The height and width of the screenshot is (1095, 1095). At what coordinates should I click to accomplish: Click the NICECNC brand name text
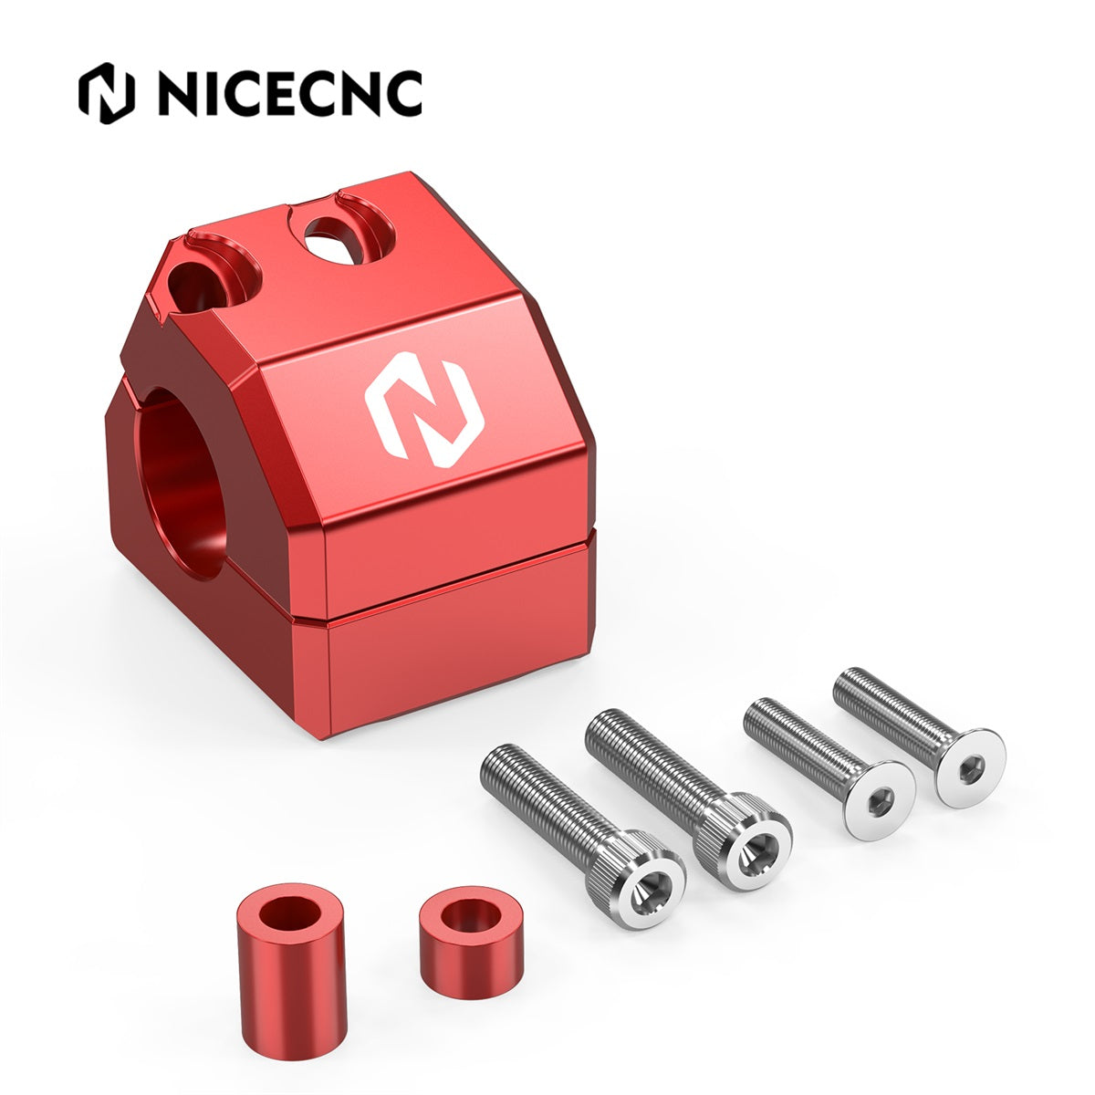click(x=290, y=93)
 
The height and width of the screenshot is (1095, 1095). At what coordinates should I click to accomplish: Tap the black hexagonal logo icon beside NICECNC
click(x=107, y=93)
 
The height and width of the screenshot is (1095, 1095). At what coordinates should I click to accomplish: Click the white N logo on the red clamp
click(x=424, y=409)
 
